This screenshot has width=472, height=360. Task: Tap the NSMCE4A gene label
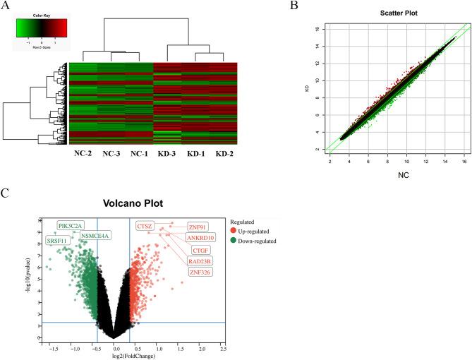(95, 236)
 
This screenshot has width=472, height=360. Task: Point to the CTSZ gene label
(144, 226)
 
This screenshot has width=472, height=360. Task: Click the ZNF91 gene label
(197, 227)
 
